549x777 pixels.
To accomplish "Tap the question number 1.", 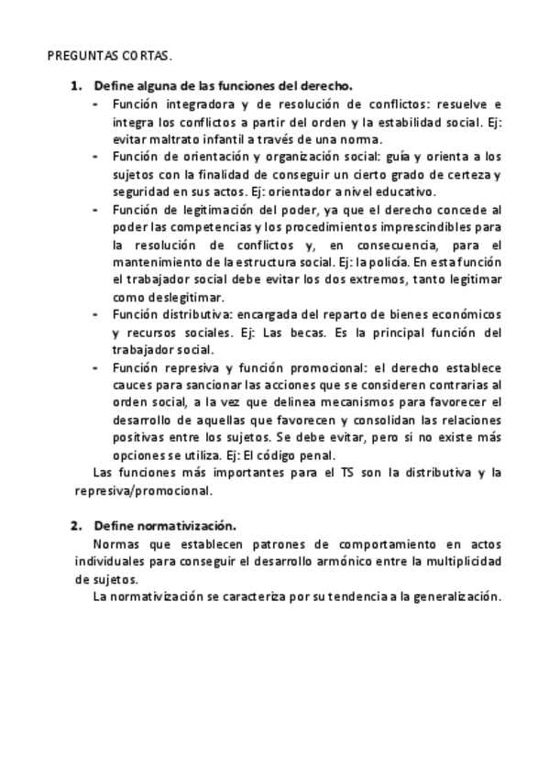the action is [x=76, y=85].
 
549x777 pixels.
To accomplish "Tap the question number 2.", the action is [x=76, y=526].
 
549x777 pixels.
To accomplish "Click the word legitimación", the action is [x=207, y=210].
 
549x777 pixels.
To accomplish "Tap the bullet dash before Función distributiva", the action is [x=98, y=314].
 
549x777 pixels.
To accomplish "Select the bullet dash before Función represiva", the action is [x=98, y=367].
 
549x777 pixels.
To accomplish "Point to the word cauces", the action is [x=130, y=385].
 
